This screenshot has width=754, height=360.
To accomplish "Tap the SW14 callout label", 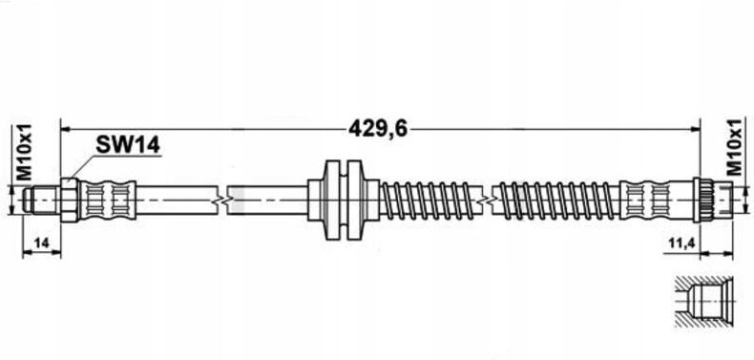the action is coord(127,145).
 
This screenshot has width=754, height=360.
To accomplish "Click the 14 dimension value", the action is coord(40,245).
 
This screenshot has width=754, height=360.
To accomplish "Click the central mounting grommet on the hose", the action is coord(341,200).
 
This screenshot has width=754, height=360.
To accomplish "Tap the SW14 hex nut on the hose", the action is coord(69,201).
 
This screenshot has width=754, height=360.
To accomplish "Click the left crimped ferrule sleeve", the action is coord(107,201).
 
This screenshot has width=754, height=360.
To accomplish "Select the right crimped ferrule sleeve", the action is coord(652,201).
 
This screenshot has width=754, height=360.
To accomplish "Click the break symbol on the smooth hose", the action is coord(223,201).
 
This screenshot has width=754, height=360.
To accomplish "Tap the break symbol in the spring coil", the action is coord(491,201).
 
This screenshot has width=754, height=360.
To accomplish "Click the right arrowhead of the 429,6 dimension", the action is coord(697,127).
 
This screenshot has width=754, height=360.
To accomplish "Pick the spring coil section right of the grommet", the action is coord(429,201).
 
